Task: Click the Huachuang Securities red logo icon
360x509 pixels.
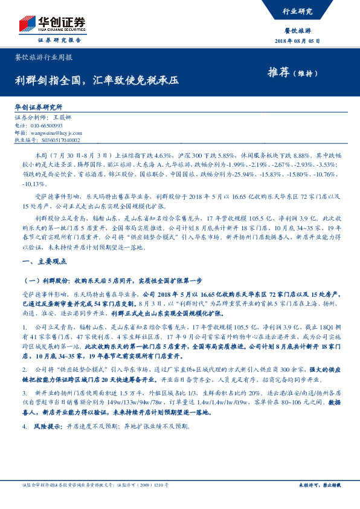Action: pyautogui.click(x=27, y=24)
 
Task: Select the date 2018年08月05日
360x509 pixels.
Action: pyautogui.click(x=302, y=41)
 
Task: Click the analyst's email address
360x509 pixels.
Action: pyautogui.click(x=55, y=132)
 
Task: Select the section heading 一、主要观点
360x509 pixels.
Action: pyautogui.click(x=39, y=262)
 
